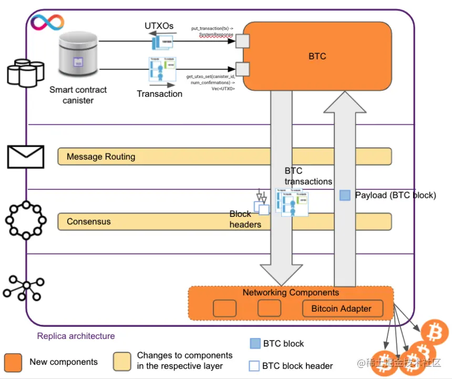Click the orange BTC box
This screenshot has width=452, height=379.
tap(317, 56)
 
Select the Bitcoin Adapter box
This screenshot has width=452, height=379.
tap(341, 309)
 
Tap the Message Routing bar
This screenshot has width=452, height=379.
tap(224, 156)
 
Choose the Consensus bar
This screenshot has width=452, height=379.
tap(224, 222)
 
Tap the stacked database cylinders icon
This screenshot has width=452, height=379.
tap(25, 72)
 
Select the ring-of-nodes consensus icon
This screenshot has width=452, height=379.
tap(25, 220)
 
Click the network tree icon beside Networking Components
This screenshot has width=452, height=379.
tap(24, 287)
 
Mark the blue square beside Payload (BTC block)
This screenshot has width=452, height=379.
tap(345, 195)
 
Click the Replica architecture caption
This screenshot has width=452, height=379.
tap(76, 336)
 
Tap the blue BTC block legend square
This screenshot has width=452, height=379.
tap(255, 343)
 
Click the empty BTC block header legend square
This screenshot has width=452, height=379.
tap(254, 365)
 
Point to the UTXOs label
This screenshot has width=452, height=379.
tap(159, 26)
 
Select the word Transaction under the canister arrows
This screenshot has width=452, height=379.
tap(159, 94)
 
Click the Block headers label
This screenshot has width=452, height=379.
tap(245, 219)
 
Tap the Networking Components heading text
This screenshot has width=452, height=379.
tap(291, 293)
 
